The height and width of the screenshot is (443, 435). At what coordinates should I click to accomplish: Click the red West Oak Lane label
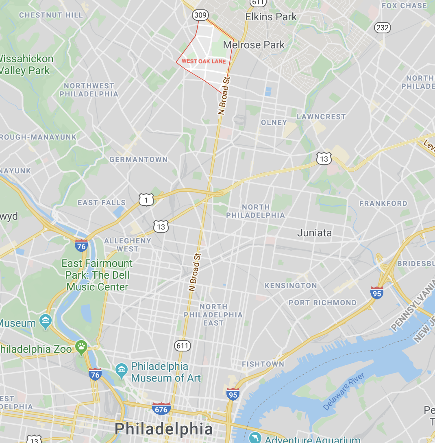(203, 61)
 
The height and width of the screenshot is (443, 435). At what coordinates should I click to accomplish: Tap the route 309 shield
(200, 15)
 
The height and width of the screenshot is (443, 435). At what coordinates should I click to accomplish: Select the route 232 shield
(383, 28)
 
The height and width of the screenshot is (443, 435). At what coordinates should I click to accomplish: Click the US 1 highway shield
(146, 199)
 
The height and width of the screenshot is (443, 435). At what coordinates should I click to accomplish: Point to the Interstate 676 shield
(161, 409)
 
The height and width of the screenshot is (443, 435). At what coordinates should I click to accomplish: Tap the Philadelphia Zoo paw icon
(81, 347)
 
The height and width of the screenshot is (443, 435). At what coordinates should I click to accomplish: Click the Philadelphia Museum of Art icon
(121, 369)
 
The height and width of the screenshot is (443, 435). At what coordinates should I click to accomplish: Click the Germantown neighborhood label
(139, 159)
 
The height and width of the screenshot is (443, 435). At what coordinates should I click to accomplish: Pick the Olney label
(274, 122)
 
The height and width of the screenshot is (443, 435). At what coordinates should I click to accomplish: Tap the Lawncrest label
(321, 117)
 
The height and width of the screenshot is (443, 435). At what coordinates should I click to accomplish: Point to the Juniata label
(314, 233)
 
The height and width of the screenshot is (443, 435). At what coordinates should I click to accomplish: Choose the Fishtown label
(263, 364)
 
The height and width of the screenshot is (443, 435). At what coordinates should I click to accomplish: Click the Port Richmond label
(322, 303)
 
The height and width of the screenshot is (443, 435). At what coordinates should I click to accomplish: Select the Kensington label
(291, 286)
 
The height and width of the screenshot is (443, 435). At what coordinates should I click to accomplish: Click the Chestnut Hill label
(51, 15)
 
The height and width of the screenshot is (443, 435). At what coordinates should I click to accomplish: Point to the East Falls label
(102, 203)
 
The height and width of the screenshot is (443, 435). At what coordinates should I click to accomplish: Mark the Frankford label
(383, 203)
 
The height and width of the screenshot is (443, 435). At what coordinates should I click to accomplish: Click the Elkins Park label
(271, 17)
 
